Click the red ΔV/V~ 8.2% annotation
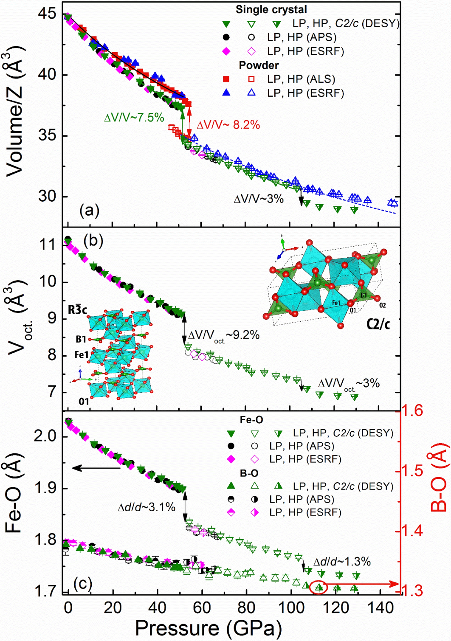(x=228, y=125)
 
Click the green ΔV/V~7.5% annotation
(x=134, y=118)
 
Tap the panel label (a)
(x=89, y=210)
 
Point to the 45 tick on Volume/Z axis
(x=47, y=14)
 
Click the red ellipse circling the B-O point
(x=319, y=587)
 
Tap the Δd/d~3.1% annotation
(x=147, y=507)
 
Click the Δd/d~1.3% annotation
(x=342, y=562)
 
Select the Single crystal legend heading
(x=271, y=9)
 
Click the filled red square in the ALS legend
(x=226, y=79)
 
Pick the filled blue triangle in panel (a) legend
(x=226, y=93)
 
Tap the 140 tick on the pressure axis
(x=381, y=608)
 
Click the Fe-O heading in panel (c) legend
(x=251, y=420)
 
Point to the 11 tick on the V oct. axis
(x=47, y=245)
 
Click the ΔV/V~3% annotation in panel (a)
(x=259, y=199)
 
